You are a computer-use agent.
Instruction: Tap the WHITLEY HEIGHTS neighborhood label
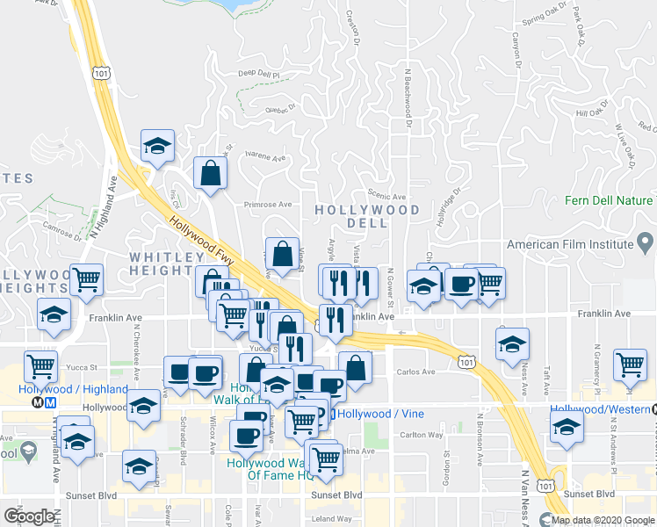(x=168, y=263)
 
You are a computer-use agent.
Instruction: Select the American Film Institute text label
(x=569, y=243)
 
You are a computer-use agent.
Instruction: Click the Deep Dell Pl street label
(x=258, y=75)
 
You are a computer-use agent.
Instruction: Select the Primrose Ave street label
(x=267, y=205)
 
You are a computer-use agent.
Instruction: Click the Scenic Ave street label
(x=386, y=197)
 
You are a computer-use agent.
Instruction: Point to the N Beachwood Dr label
(x=408, y=97)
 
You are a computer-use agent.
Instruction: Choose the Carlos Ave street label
(x=415, y=372)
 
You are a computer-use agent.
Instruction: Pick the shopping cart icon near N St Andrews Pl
(x=631, y=365)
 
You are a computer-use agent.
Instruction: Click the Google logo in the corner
(x=29, y=516)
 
